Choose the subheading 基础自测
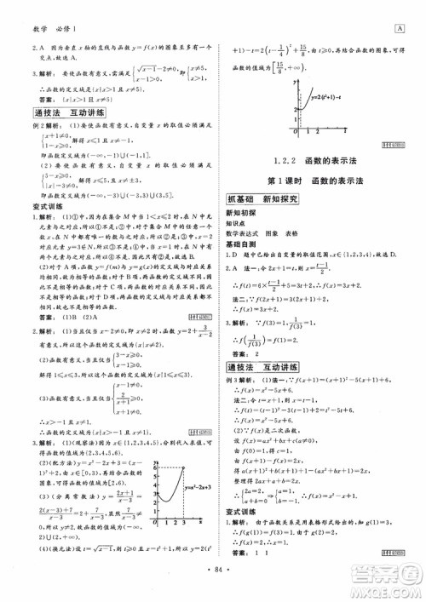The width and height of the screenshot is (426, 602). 242,244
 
